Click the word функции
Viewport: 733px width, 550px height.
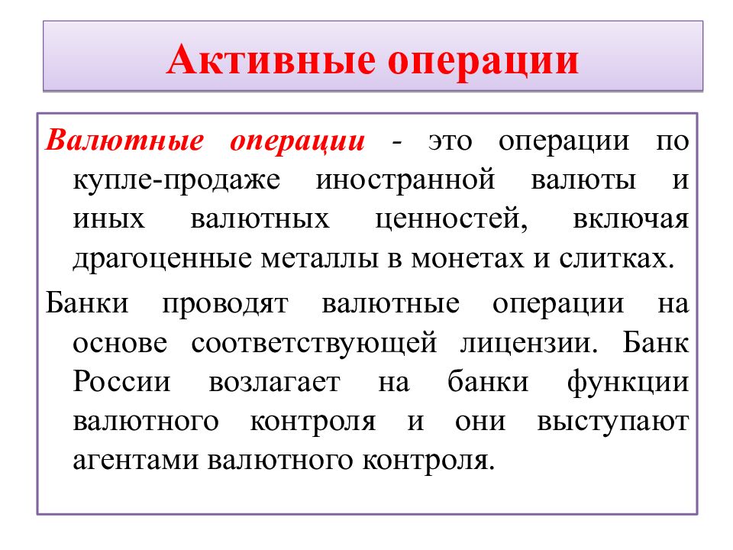pyautogui.click(x=628, y=382)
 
